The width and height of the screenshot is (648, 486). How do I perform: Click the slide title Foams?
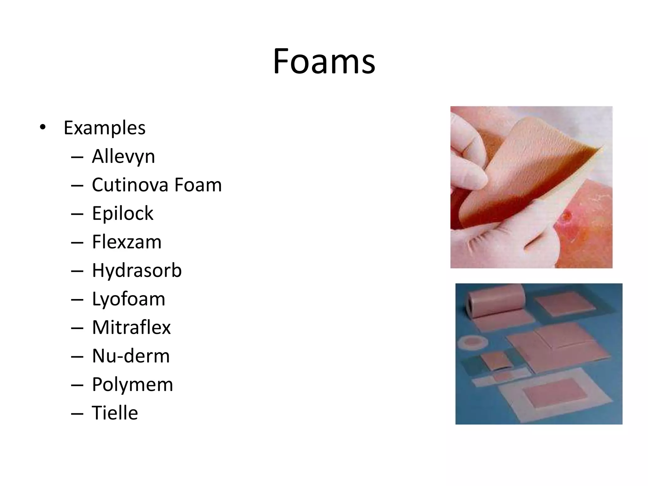(x=324, y=61)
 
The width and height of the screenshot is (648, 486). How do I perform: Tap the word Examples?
(x=104, y=128)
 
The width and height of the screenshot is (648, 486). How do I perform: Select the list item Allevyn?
(x=123, y=156)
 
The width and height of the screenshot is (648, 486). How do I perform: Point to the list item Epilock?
(x=122, y=213)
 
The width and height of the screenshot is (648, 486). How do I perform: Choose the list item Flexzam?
(x=127, y=242)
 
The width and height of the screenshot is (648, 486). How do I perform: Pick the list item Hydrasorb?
(x=137, y=271)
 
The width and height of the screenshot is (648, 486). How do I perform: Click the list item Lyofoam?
(x=128, y=299)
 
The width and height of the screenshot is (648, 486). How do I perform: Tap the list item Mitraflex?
(x=131, y=327)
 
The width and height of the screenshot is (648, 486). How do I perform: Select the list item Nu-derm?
(x=131, y=356)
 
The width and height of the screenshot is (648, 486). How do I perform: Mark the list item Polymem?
(x=132, y=384)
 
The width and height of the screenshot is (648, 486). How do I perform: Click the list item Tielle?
(x=115, y=413)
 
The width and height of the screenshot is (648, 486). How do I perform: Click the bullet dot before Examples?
(x=42, y=128)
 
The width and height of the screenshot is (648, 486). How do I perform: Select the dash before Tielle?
(x=77, y=413)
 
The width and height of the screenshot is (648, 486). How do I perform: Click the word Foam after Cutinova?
(x=198, y=185)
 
